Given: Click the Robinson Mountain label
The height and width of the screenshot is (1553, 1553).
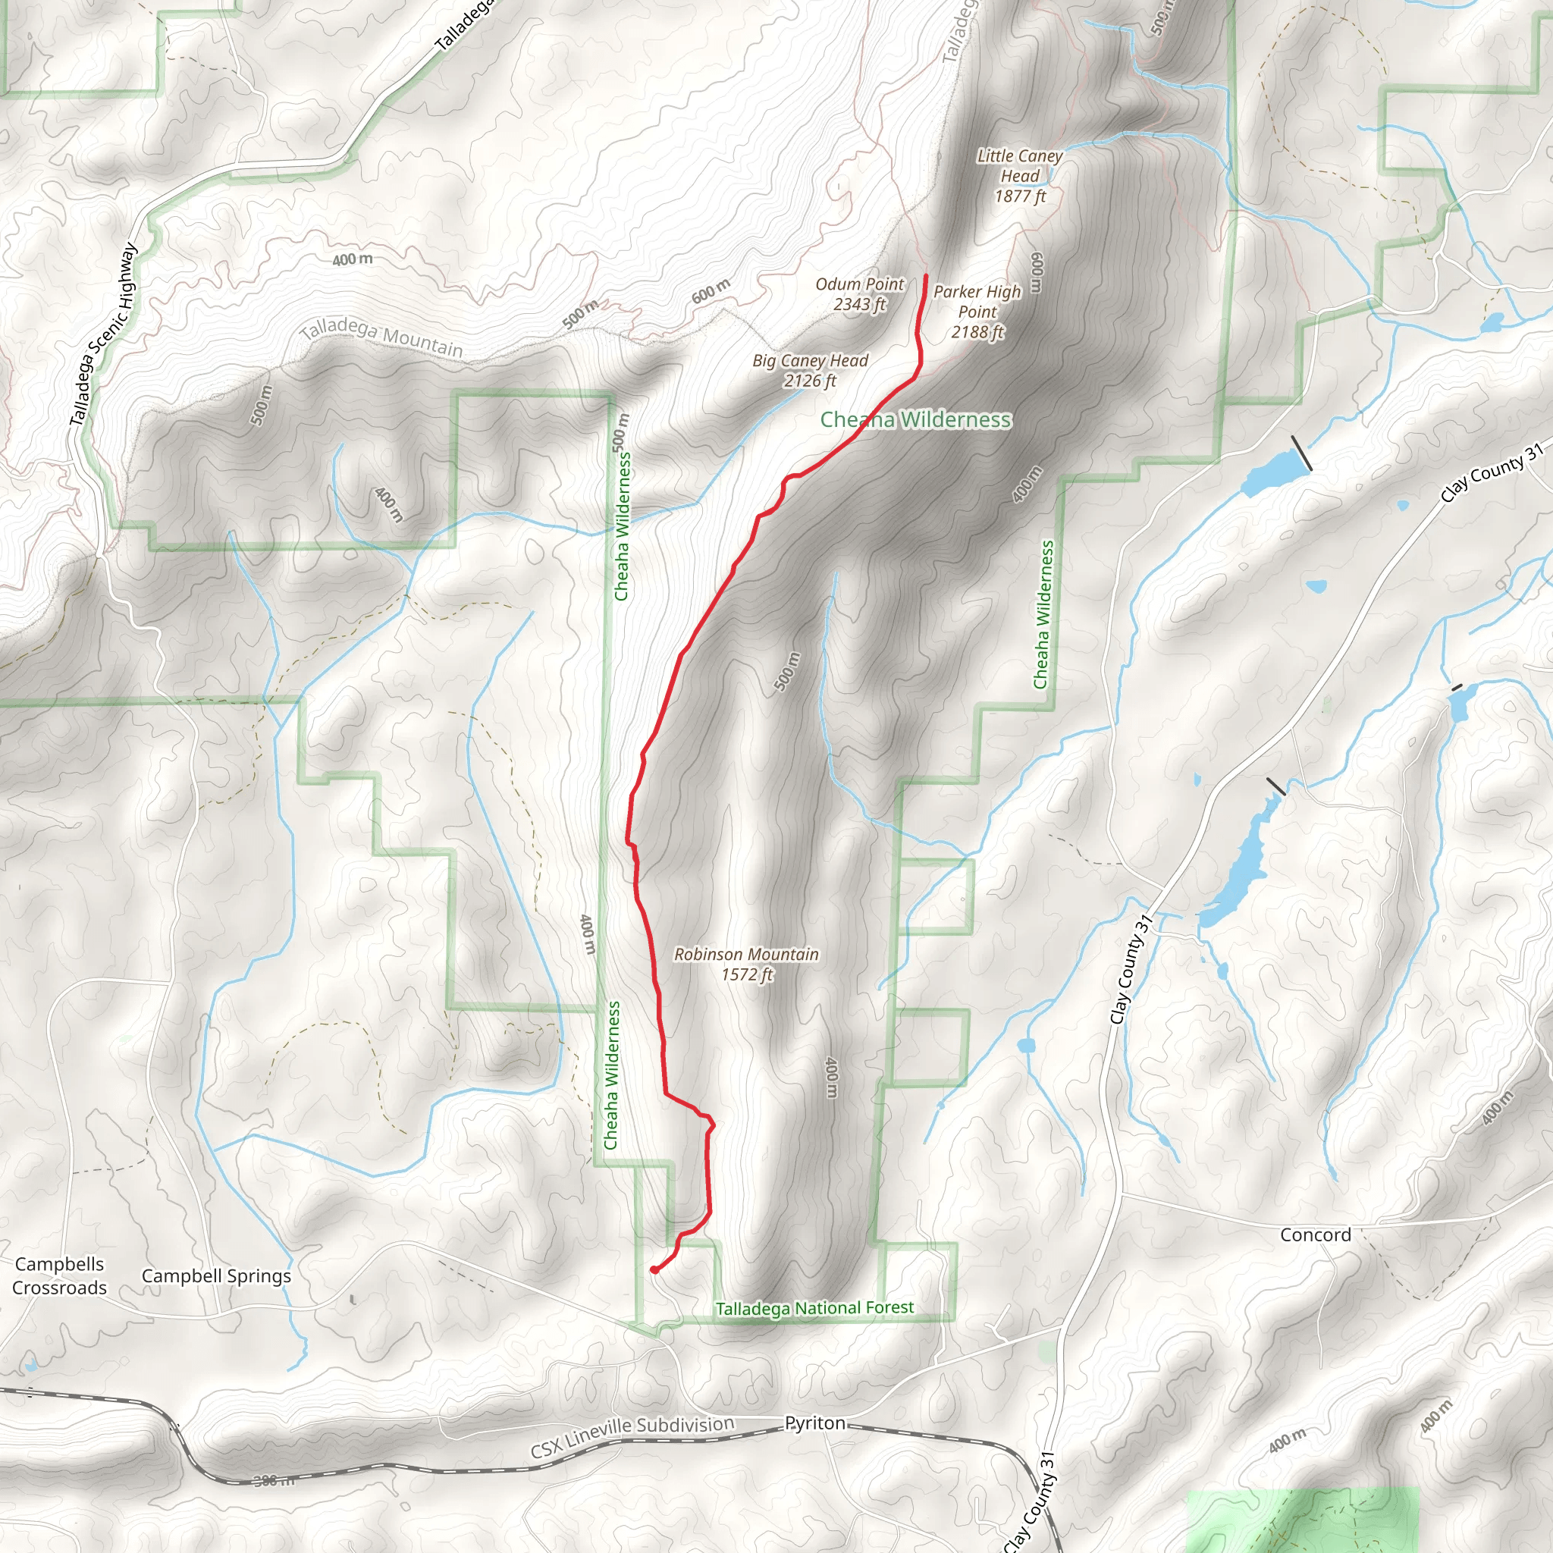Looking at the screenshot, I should pyautogui.click(x=746, y=954).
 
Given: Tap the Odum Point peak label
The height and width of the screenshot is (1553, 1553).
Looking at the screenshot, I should pyautogui.click(x=859, y=284).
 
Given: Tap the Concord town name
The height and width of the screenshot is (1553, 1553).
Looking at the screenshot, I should pyautogui.click(x=1315, y=1235).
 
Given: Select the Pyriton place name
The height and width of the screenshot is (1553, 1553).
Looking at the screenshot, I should pyautogui.click(x=815, y=1423).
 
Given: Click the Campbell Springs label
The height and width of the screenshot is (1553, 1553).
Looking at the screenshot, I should pyautogui.click(x=216, y=1275).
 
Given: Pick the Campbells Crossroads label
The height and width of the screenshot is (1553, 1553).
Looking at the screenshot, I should pyautogui.click(x=59, y=1275).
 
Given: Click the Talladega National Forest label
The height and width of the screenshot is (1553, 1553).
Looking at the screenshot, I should pyautogui.click(x=814, y=1309).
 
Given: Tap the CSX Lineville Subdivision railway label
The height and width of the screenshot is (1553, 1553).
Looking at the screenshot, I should pyautogui.click(x=632, y=1436).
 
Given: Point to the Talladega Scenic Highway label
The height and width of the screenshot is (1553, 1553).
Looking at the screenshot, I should pyautogui.click(x=103, y=334).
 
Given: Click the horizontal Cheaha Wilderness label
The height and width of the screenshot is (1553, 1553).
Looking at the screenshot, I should pyautogui.click(x=915, y=419).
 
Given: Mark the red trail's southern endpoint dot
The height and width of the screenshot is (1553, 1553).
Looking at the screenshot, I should pyautogui.click(x=654, y=1270).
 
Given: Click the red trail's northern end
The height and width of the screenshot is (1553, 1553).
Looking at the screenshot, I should pyautogui.click(x=926, y=278).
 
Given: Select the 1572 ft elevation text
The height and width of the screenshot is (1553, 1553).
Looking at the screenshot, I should pyautogui.click(x=747, y=975).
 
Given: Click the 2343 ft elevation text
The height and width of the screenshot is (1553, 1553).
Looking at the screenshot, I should pyautogui.click(x=859, y=305).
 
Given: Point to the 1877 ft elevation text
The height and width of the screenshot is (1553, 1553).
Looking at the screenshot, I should pyautogui.click(x=1020, y=196).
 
